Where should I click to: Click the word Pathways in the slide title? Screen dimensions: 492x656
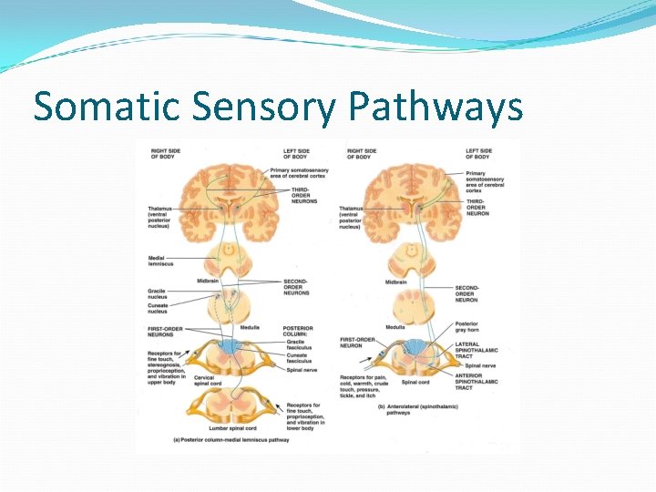[x=436, y=108]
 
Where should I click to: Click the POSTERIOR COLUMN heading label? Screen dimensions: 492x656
[x=298, y=331]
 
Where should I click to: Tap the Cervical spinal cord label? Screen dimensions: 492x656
[x=206, y=381]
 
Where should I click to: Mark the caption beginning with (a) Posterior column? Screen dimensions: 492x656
[x=231, y=440]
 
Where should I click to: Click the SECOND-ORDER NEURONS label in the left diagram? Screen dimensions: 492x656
[x=295, y=287]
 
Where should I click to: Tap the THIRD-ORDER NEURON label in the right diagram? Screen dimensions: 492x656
[x=478, y=207]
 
